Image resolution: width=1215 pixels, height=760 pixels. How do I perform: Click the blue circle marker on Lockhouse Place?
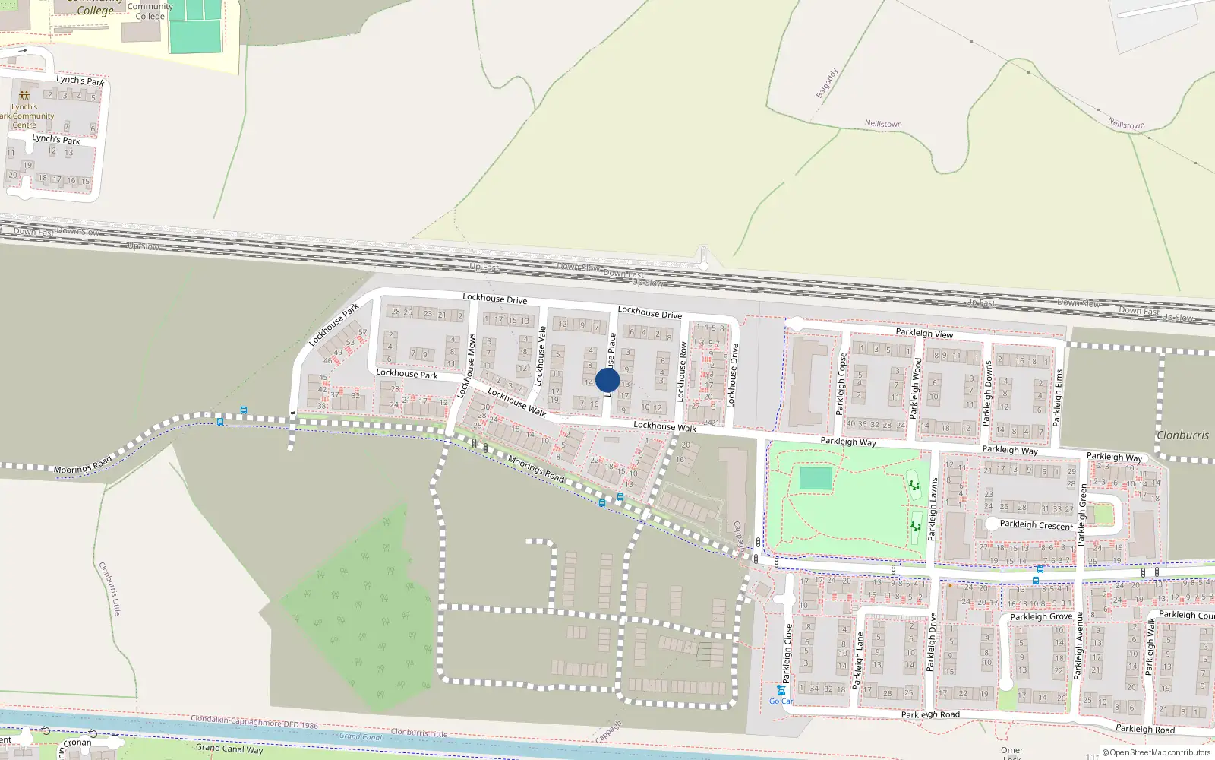click(607, 380)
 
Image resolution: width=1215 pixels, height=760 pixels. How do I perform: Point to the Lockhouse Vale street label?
click(541, 356)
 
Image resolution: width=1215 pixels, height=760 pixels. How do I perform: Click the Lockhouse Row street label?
click(681, 371)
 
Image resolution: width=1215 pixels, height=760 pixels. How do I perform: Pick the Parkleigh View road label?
click(923, 333)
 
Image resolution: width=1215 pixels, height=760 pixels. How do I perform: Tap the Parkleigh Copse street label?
click(841, 383)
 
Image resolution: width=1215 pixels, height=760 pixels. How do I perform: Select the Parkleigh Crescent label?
click(1036, 525)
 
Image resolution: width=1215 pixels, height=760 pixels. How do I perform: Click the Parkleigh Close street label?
click(788, 653)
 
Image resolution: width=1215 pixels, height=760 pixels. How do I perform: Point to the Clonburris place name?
click(1182, 435)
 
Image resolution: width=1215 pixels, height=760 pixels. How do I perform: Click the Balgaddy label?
click(826, 84)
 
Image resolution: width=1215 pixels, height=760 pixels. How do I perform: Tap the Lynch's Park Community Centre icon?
click(24, 97)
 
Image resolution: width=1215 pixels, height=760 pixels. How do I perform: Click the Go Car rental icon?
click(780, 689)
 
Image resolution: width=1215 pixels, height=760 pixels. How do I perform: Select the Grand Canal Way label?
click(229, 749)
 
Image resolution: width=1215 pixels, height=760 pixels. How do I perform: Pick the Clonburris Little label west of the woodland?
click(109, 588)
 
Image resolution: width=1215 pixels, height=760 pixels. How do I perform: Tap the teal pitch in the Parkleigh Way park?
click(816, 479)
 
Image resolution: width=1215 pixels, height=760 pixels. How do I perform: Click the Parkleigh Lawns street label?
click(933, 508)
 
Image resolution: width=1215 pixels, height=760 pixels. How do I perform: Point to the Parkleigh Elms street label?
click(1057, 397)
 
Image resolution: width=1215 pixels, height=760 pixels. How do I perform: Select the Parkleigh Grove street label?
click(1041, 616)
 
